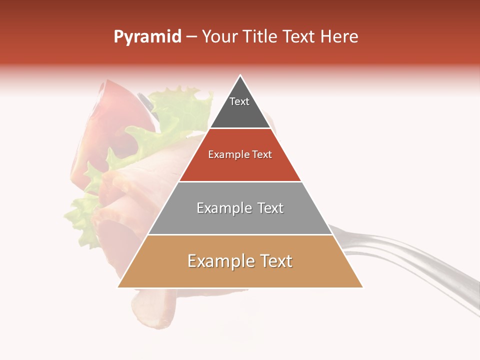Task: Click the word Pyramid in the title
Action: tap(147, 37)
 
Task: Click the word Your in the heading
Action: tap(219, 37)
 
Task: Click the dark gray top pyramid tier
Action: tap(240, 112)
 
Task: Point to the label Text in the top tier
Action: tap(239, 101)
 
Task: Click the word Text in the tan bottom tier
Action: tap(274, 261)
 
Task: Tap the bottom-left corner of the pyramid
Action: tap(119, 286)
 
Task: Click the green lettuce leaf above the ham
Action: tap(180, 107)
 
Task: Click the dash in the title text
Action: tap(191, 37)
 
